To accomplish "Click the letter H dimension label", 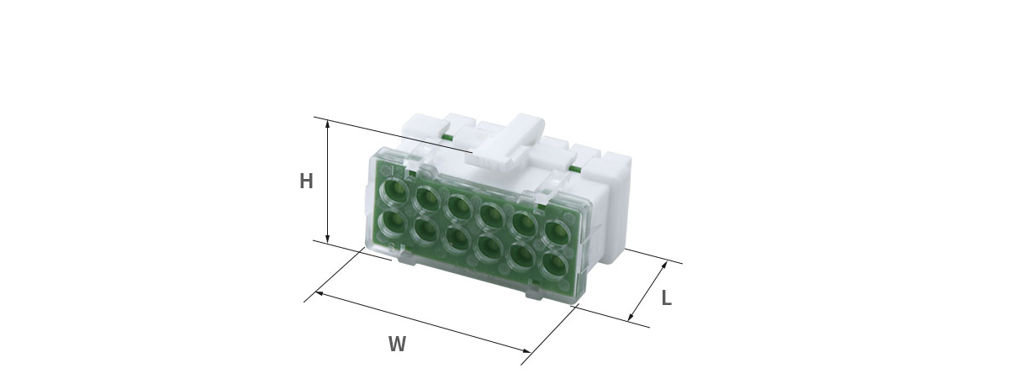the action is point(306,181).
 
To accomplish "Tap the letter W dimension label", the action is point(397,344).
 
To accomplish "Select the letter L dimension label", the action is point(667,298).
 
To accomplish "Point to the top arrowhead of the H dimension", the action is point(327,124).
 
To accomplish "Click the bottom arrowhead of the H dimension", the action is point(327,238).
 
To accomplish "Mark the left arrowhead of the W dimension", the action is point(319,293).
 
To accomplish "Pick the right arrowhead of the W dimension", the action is point(526,350).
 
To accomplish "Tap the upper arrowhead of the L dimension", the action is point(663,265).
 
